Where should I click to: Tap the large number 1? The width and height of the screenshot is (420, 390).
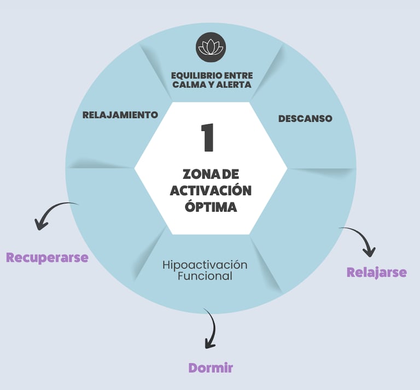click(207, 138)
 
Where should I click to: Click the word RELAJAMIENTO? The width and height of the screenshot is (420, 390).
click(120, 115)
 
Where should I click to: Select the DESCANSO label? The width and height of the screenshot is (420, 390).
click(305, 118)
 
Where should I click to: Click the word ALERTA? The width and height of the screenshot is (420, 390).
click(231, 85)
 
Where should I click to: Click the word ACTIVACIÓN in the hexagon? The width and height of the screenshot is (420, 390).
click(211, 190)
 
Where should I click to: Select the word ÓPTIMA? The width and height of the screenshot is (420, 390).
click(211, 207)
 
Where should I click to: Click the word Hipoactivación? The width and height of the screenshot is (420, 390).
click(205, 265)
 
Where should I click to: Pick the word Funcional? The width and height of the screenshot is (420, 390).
click(205, 276)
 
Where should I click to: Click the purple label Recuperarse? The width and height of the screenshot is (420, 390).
click(47, 258)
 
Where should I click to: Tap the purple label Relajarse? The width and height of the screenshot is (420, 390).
click(377, 272)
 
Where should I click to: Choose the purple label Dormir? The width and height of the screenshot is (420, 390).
click(211, 368)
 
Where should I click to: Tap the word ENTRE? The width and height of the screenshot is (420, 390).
click(239, 75)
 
